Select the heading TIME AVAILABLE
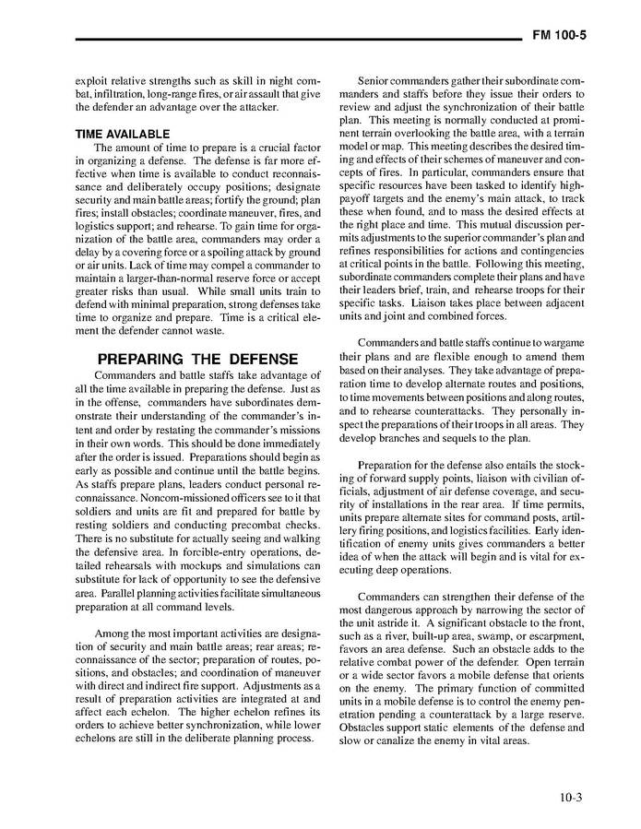click(x=122, y=134)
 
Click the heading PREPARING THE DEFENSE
click(x=197, y=359)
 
